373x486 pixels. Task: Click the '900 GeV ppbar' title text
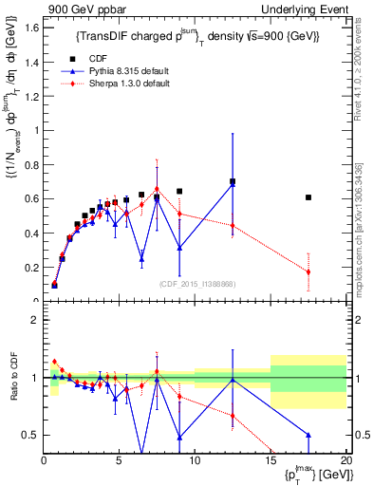pos(77,8)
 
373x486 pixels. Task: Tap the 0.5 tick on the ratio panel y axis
pos(31,435)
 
